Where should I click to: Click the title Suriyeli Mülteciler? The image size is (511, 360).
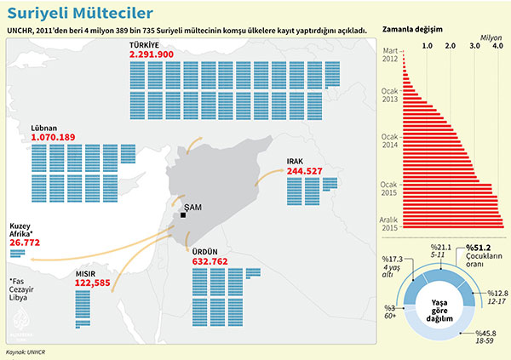point(69,14)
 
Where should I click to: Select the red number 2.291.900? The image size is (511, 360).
point(152,54)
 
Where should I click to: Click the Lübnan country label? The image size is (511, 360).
point(44,127)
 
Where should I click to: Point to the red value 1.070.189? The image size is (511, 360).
point(53,136)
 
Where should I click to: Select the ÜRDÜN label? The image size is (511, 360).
point(206,253)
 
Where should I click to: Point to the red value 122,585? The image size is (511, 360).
point(93,283)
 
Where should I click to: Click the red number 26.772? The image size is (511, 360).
point(25,243)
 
